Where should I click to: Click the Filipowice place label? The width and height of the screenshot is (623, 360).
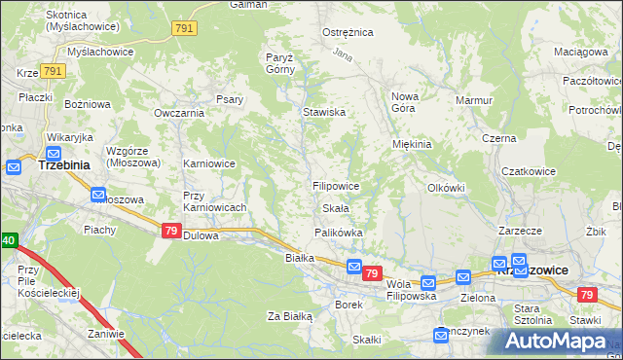click(337, 185)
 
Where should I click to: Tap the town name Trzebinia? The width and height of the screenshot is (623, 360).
click(63, 165)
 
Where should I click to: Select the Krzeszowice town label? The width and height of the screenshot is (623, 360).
click(532, 270)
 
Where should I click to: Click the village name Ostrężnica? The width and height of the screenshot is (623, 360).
click(348, 32)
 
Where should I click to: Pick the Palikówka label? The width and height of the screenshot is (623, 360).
click(338, 233)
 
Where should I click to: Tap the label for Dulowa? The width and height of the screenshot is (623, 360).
click(202, 235)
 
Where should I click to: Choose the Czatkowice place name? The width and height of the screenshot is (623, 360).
click(529, 171)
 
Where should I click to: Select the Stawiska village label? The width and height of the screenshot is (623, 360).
click(324, 112)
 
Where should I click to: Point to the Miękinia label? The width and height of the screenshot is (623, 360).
click(412, 144)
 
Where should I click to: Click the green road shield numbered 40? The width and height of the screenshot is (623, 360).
click(8, 240)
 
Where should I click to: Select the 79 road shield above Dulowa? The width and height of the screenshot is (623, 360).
click(171, 231)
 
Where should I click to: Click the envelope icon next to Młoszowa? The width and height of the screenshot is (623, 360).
click(98, 195)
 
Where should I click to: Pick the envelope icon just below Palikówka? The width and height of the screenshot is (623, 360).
click(354, 267)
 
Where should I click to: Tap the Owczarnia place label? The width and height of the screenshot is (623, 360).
click(178, 113)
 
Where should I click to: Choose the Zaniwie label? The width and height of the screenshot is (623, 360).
click(105, 333)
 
